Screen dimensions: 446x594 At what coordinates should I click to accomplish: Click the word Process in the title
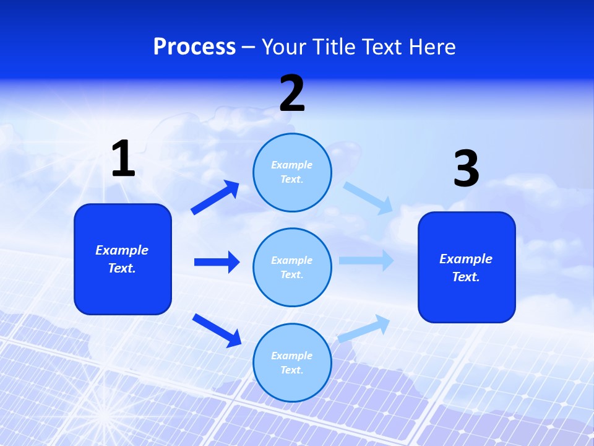click(194, 47)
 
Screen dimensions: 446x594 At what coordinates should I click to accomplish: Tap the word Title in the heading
click(333, 47)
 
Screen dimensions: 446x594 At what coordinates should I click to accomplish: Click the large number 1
click(123, 159)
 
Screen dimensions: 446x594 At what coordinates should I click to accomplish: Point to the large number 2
click(292, 94)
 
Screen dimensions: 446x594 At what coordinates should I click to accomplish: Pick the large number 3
click(466, 169)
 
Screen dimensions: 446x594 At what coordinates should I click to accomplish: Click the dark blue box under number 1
click(123, 259)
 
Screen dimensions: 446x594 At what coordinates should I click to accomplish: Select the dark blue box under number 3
click(467, 268)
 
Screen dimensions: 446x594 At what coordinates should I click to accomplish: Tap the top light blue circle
click(292, 172)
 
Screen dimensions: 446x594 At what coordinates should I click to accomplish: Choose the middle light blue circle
click(292, 268)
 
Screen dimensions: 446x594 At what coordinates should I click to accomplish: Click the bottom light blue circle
click(292, 363)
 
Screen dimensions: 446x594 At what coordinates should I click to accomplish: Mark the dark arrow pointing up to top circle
click(215, 198)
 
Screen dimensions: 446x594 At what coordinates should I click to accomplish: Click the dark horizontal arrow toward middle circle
click(217, 262)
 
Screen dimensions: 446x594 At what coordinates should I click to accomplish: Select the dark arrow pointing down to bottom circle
click(217, 330)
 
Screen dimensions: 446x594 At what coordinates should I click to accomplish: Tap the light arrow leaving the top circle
click(368, 198)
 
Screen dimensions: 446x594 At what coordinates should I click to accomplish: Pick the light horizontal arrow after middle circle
click(366, 261)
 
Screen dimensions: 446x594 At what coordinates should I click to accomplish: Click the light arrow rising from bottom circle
click(364, 328)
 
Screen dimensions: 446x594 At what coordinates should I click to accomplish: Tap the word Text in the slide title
click(381, 47)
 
